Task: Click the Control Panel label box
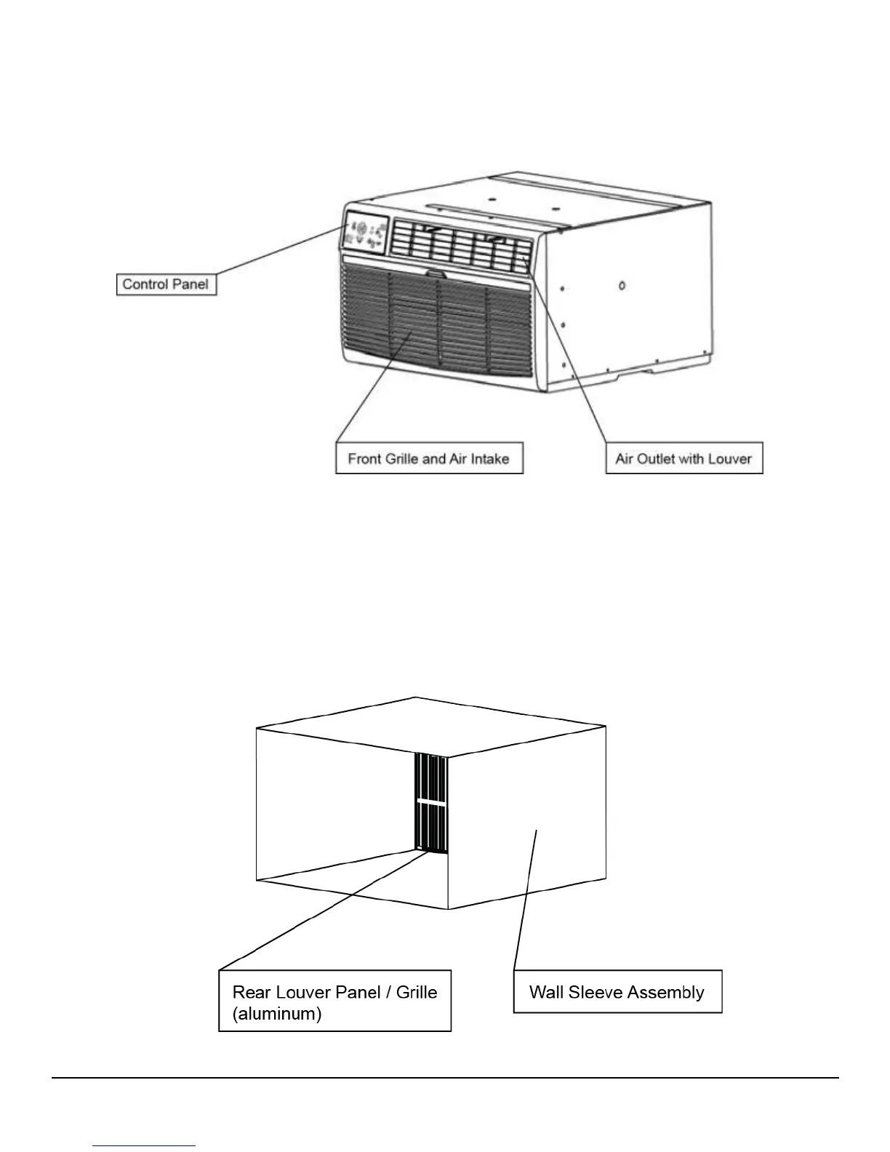(167, 284)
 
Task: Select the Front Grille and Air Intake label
(428, 458)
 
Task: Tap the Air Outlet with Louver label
(683, 458)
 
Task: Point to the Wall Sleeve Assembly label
(617, 992)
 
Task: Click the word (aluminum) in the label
(277, 1013)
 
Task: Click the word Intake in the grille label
(488, 459)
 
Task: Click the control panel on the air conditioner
(365, 233)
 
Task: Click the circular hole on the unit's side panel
(622, 286)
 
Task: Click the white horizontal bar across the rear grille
(431, 801)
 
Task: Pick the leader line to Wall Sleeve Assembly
(525, 902)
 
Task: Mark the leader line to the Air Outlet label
(567, 349)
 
